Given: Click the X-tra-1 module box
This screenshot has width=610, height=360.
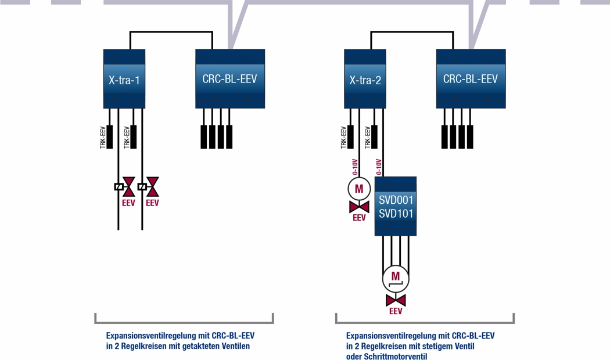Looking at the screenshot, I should click(x=124, y=79).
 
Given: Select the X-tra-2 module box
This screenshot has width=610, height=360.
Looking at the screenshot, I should click(x=365, y=79).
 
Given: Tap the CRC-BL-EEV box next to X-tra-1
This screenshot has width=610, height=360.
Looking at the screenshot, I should click(x=229, y=78).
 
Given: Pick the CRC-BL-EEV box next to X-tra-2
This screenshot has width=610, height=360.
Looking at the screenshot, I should click(x=471, y=78).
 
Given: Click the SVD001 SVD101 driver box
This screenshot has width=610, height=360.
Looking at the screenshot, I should click(x=396, y=206).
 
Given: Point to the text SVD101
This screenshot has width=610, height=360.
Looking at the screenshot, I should click(x=396, y=214).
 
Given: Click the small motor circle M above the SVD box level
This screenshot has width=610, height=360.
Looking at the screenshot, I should click(x=359, y=189).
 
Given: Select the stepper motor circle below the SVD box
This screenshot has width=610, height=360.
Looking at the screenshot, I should click(x=396, y=278).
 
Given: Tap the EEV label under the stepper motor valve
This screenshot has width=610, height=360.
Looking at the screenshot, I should click(x=396, y=311).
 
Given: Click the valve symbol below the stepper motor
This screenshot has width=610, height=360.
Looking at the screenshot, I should click(x=396, y=300).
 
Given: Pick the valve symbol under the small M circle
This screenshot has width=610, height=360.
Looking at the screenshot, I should click(x=359, y=207).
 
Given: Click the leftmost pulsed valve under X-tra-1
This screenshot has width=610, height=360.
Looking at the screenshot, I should click(x=128, y=187).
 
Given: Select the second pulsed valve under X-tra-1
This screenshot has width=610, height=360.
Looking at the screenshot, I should click(x=152, y=187).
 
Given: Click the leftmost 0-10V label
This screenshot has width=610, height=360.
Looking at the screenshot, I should click(x=355, y=167).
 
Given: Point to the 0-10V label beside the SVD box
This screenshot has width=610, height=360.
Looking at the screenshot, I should click(x=379, y=167).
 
